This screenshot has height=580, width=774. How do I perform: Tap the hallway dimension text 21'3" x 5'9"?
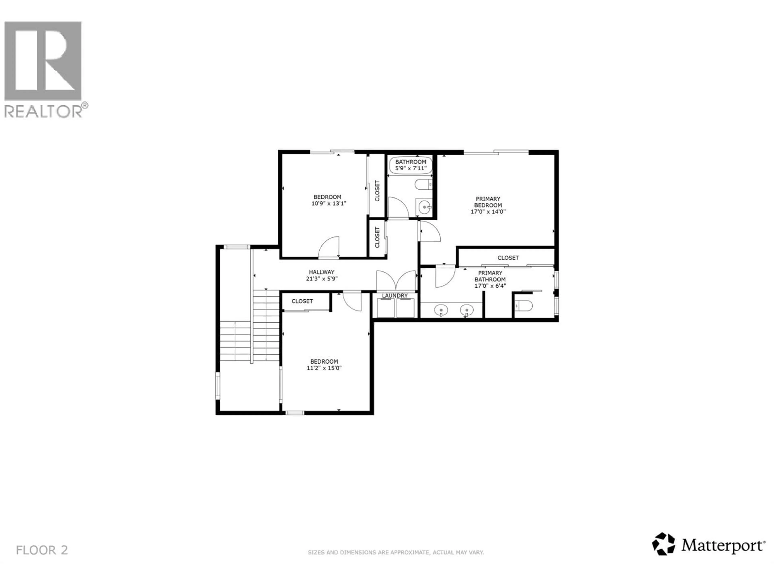tap(321, 279)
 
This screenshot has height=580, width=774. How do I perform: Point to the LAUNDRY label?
tap(395, 296)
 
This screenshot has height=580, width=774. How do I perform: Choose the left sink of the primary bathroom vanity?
tap(441, 310)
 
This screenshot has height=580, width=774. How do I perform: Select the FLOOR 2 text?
tap(42, 550)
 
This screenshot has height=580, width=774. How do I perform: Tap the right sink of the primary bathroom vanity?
tap(466, 310)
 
